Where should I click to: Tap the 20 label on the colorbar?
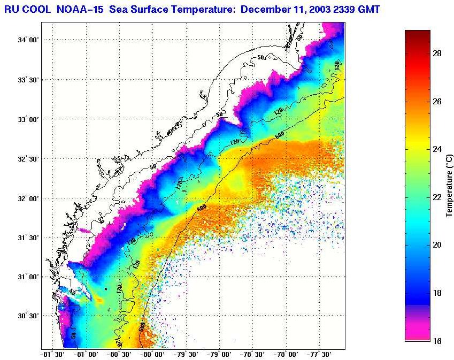point(436,245)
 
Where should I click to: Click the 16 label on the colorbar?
point(436,340)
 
